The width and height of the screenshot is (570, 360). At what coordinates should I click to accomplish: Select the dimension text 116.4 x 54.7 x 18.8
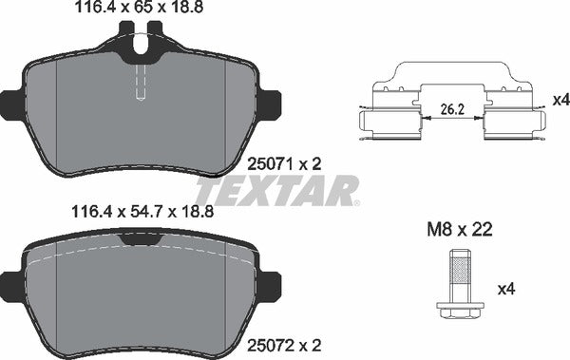click(139, 214)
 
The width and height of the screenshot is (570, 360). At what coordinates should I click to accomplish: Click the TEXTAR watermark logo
click(275, 189)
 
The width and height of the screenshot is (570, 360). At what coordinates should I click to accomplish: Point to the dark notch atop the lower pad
click(142, 241)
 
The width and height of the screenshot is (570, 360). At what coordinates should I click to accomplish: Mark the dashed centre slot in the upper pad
click(142, 80)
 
